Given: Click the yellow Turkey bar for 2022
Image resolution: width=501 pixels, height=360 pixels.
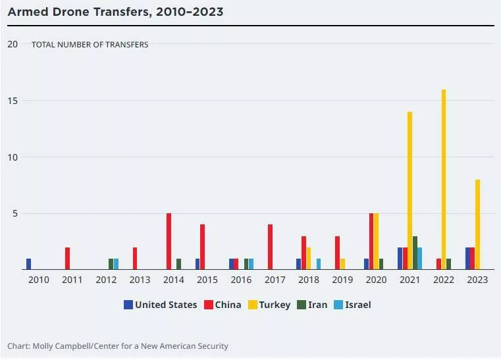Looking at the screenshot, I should coord(444,180).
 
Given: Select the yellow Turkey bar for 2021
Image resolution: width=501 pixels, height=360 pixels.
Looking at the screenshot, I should coord(410,191).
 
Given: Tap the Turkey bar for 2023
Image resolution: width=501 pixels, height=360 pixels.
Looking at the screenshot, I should coord(477,224).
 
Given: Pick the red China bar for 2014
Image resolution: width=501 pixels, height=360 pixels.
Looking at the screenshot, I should coord(169,242).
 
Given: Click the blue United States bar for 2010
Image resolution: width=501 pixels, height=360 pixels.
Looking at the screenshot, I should coord(29,264).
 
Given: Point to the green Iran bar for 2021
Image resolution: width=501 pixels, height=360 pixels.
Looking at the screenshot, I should coord(415,253).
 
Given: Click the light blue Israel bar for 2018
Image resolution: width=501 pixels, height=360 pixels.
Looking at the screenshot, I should coord(319,264).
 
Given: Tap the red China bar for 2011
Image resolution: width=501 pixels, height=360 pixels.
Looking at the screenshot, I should coord(67,259).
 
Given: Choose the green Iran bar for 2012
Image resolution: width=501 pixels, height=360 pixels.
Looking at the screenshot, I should coord(111,264).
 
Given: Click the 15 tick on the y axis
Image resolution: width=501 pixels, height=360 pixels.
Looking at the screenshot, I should coord(12,101).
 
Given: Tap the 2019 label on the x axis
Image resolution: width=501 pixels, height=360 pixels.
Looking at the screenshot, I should coord(342,280).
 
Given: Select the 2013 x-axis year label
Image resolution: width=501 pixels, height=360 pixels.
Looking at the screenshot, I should coord(140,280).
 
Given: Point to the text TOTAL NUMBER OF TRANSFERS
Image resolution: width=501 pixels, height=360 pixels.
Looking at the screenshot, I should coord(90,45).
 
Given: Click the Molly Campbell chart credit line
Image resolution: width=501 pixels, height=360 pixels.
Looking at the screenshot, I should coord(118,346).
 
